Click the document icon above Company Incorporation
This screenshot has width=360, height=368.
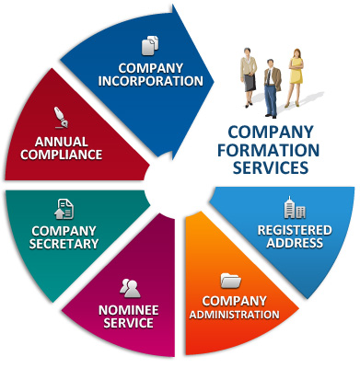[x=150, y=45]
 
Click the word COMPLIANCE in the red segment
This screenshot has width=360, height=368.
[x=69, y=155]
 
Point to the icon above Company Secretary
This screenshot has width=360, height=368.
[x=64, y=209]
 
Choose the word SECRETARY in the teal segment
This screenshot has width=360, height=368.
[x=64, y=244]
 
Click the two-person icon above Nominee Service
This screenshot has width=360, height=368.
[x=131, y=287]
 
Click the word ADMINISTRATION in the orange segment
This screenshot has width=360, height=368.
[x=234, y=315]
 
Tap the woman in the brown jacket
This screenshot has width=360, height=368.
[x=249, y=74]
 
